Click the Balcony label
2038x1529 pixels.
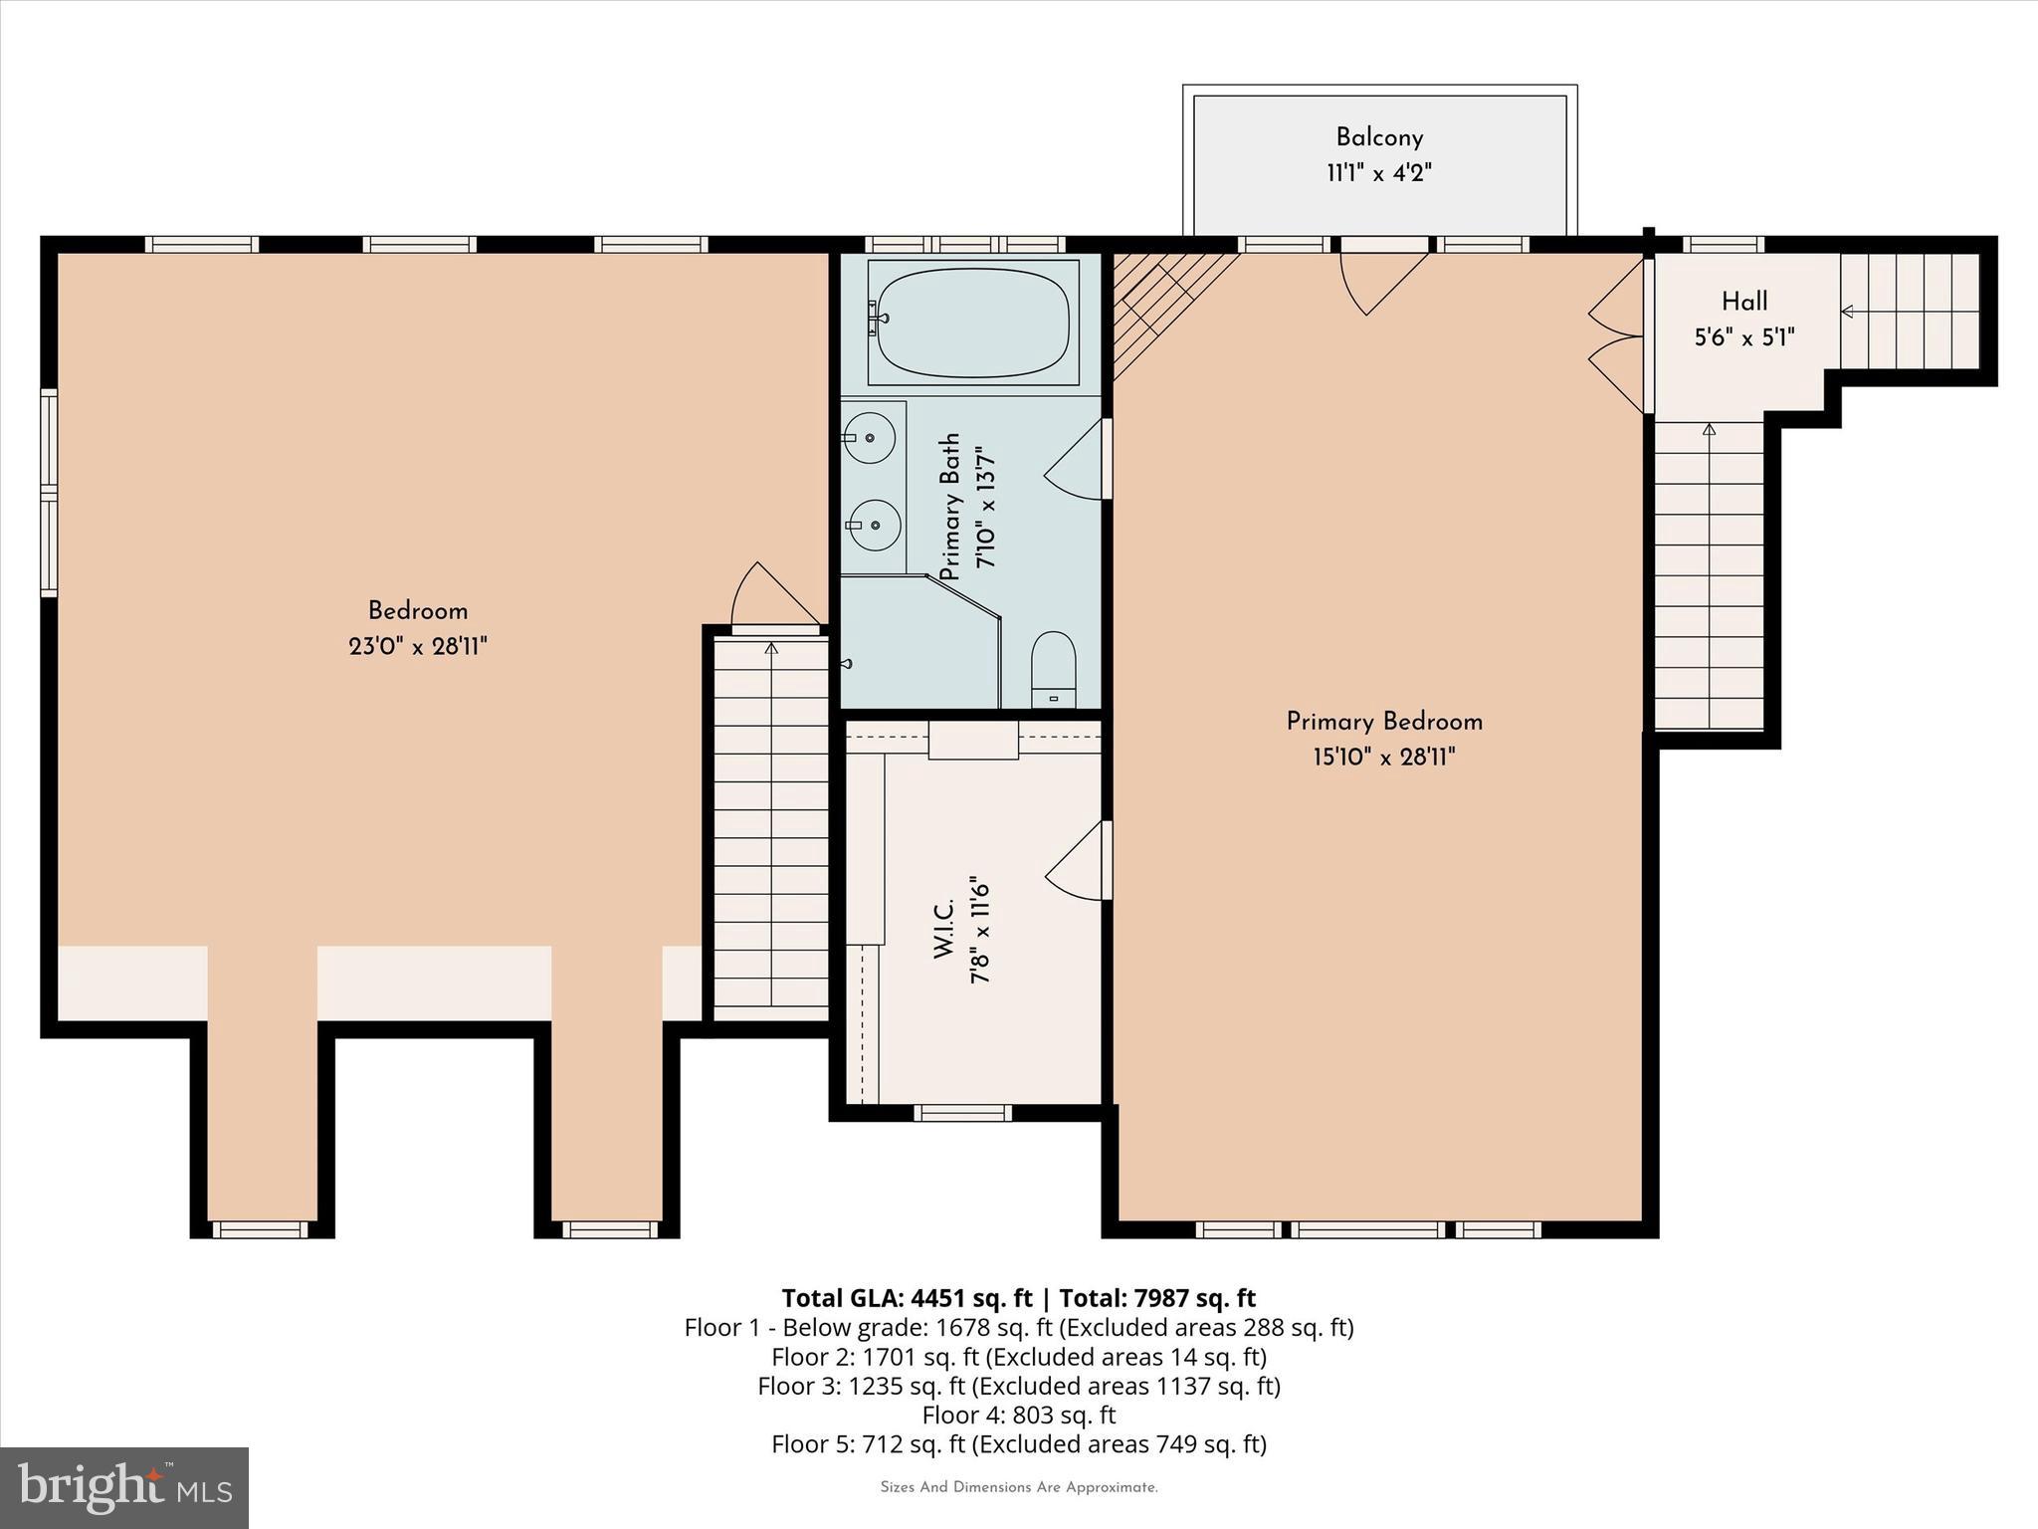(x=1378, y=137)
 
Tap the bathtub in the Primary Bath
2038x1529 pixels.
(x=972, y=322)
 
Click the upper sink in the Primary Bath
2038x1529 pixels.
(x=871, y=438)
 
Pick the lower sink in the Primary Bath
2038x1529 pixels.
(x=875, y=525)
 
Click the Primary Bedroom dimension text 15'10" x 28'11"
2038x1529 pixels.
(x=1383, y=758)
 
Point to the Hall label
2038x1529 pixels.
(x=1744, y=301)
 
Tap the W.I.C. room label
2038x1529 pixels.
(x=944, y=931)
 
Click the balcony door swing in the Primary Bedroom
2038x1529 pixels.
(x=1378, y=279)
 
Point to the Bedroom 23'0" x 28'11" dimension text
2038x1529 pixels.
(x=417, y=647)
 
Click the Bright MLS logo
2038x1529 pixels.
(x=124, y=1487)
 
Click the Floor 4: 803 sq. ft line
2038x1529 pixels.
(x=1018, y=1415)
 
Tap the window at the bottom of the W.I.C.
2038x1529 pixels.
(x=962, y=1113)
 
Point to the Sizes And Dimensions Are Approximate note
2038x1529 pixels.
(x=1018, y=1487)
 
